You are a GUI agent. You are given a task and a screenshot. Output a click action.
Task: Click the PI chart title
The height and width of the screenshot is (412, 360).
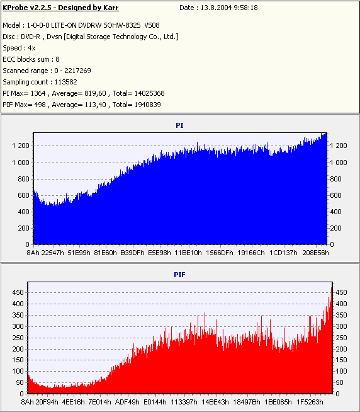(179, 125)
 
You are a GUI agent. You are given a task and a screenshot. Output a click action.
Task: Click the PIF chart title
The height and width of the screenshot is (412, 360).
(179, 275)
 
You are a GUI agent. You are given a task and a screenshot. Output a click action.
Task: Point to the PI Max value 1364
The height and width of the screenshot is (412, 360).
(38, 93)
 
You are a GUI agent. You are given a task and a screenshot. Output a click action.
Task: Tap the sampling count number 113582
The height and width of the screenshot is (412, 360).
(65, 82)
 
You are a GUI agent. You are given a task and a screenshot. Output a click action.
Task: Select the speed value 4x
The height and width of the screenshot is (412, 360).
(31, 48)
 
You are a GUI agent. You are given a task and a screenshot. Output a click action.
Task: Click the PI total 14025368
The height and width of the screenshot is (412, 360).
(149, 93)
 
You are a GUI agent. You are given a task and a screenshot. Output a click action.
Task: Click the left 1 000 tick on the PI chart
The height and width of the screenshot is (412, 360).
(21, 163)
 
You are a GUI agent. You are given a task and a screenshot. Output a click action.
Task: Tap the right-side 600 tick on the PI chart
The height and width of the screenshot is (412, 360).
(335, 195)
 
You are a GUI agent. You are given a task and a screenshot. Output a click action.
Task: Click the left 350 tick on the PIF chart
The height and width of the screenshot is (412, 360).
(18, 315)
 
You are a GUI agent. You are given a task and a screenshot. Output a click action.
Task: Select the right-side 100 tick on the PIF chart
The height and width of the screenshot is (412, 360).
(341, 371)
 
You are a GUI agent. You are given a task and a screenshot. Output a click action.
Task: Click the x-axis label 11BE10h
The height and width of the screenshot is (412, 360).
(188, 253)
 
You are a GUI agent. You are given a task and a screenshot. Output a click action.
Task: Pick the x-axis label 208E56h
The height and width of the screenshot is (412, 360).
(315, 253)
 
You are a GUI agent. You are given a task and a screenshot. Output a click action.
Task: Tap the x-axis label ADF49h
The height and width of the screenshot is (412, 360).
(127, 402)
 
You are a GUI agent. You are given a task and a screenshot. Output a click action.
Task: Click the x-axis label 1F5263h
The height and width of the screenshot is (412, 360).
(310, 402)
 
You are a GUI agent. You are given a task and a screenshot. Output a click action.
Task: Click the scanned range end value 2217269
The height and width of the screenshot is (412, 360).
(77, 71)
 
